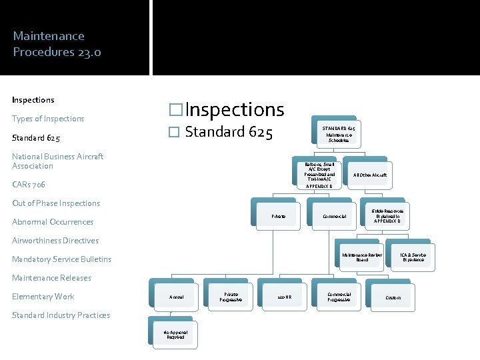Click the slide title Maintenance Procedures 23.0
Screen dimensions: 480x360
pos(57,43)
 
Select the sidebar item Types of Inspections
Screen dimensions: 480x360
pos(48,119)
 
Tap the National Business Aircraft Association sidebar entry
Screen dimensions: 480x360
pos(58,161)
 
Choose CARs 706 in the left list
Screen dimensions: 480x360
pos(29,184)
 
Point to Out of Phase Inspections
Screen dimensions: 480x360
pos(56,203)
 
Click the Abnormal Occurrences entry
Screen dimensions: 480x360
pos(53,222)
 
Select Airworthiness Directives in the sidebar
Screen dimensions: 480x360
pos(55,241)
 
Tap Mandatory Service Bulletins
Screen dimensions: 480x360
pos(62,259)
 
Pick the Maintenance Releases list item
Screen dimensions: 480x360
pos(51,278)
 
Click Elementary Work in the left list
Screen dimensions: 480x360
pos(43,297)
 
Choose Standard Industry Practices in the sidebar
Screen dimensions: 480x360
pos(61,315)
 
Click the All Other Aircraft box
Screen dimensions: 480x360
pos(370,175)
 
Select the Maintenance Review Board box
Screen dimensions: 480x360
pos(362,257)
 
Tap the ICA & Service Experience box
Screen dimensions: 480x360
pos(413,257)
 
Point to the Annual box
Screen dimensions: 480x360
pos(177,297)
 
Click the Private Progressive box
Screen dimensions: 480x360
pos(231,297)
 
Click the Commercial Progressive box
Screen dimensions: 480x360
pos(339,297)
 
